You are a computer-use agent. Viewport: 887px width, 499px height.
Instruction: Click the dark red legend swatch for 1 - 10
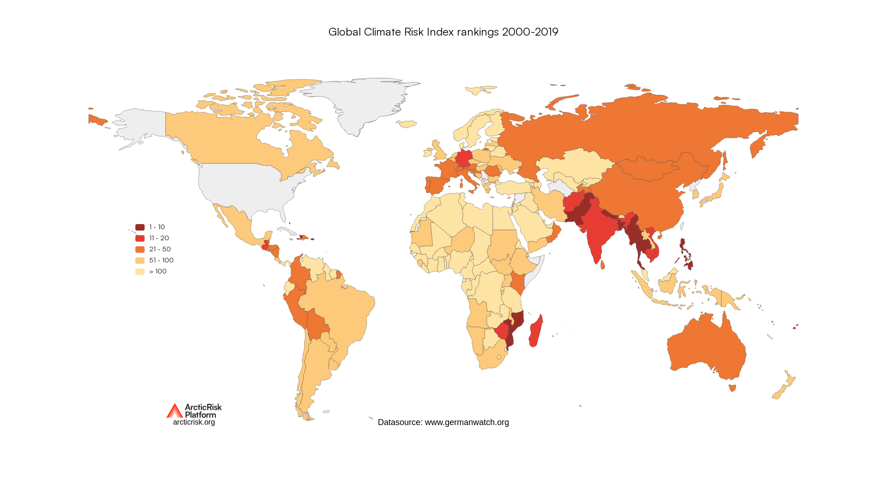pos(140,227)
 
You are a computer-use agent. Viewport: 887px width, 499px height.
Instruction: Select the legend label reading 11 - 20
pos(159,238)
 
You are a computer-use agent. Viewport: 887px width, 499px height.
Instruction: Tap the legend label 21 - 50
pos(160,249)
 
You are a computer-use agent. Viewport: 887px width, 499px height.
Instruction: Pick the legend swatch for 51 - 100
pos(140,261)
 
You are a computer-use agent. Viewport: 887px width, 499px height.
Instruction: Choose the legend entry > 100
pos(158,271)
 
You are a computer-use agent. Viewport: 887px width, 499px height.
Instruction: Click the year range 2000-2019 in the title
pos(530,32)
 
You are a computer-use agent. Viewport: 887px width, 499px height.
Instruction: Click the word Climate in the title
pos(382,32)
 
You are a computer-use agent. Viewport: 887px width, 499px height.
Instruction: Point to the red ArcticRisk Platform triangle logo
pos(174,411)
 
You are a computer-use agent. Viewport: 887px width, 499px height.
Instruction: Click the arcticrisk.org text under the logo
pos(194,422)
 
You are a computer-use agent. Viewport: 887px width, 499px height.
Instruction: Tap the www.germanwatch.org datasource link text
pos(467,422)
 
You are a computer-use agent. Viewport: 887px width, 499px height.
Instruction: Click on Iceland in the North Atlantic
pos(407,124)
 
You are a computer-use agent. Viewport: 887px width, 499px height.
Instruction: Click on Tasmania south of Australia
pos(732,388)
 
